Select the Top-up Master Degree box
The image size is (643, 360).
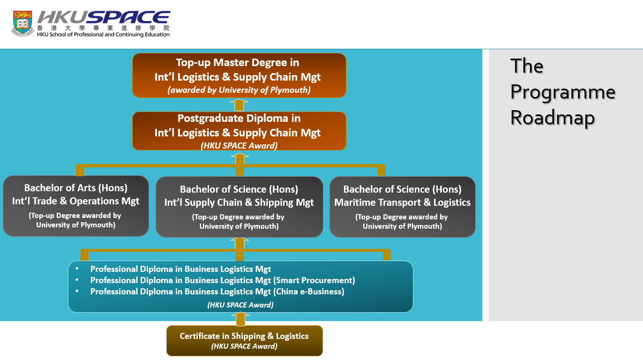pyautogui.click(x=239, y=75)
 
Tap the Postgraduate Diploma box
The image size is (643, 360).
pyautogui.click(x=239, y=131)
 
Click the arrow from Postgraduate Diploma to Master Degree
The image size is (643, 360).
pyautogui.click(x=239, y=105)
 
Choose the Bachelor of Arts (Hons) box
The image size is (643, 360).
pyautogui.click(x=76, y=206)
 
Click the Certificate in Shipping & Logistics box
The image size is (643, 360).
pyautogui.click(x=244, y=341)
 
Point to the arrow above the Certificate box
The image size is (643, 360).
pyautogui.click(x=240, y=319)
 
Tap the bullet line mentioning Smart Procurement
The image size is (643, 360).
pyautogui.click(x=223, y=280)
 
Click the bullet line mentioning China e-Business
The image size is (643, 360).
pyautogui.click(x=217, y=292)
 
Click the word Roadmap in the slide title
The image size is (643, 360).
pyautogui.click(x=552, y=117)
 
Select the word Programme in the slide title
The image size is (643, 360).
pyautogui.click(x=562, y=92)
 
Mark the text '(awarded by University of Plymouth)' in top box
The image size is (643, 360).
pyautogui.click(x=239, y=90)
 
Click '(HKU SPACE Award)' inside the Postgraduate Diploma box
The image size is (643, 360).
pyautogui.click(x=239, y=145)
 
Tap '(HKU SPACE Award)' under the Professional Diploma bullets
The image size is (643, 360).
pyautogui.click(x=240, y=305)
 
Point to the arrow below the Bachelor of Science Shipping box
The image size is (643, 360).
pyautogui.click(x=239, y=243)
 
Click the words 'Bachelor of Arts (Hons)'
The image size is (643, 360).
pyautogui.click(x=76, y=188)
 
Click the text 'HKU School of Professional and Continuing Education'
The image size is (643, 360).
pyautogui.click(x=103, y=34)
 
